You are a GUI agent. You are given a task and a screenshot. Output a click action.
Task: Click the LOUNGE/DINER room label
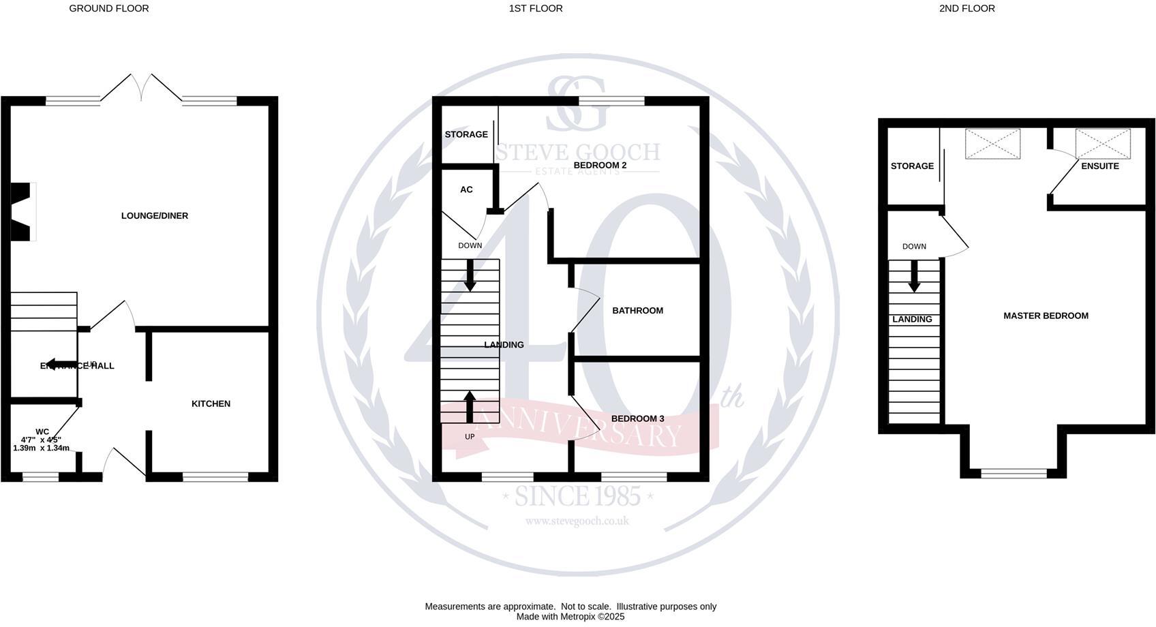155,216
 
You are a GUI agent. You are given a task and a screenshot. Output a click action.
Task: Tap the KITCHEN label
211,404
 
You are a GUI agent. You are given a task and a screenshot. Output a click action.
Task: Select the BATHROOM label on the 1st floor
637,311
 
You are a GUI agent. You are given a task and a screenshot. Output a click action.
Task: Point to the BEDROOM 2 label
600,166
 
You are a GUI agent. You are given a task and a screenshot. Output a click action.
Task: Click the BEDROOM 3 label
637,419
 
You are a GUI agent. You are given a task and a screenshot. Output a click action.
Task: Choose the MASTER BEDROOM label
1046,316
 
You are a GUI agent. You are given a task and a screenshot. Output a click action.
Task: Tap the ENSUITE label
1099,166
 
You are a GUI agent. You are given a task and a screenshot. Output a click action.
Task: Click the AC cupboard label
466,190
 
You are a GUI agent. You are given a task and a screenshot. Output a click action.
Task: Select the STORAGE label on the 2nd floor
912,166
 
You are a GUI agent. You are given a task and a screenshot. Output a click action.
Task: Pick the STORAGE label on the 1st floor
466,135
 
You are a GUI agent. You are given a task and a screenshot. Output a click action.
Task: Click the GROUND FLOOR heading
109,9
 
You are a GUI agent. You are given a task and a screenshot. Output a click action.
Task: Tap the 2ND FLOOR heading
967,9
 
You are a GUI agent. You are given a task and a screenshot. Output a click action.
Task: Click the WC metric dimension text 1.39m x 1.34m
42,448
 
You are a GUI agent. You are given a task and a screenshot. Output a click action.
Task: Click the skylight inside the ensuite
1102,144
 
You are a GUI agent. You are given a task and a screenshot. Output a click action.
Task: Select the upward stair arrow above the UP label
470,406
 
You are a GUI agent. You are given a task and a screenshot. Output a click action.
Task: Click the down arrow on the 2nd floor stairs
914,277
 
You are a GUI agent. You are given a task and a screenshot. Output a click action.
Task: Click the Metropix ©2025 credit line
571,617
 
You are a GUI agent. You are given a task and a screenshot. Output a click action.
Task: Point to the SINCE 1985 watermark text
577,496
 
